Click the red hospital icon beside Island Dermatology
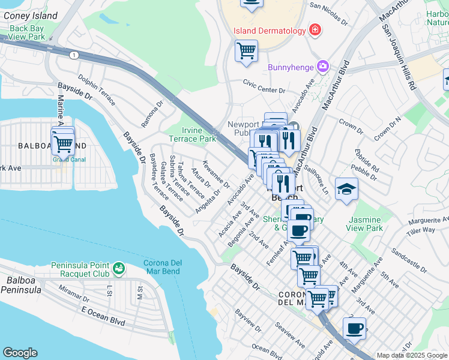pos(314,30)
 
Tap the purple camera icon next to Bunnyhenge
pos(323,65)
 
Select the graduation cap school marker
pos(346,189)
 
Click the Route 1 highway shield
pos(73,55)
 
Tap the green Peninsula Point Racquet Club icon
pos(119,266)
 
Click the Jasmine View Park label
pos(365,224)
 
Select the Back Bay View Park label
pos(28,32)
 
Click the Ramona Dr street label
pos(152,113)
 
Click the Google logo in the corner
pos(20,353)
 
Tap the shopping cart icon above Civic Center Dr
pos(246,50)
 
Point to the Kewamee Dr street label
pos(215,174)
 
